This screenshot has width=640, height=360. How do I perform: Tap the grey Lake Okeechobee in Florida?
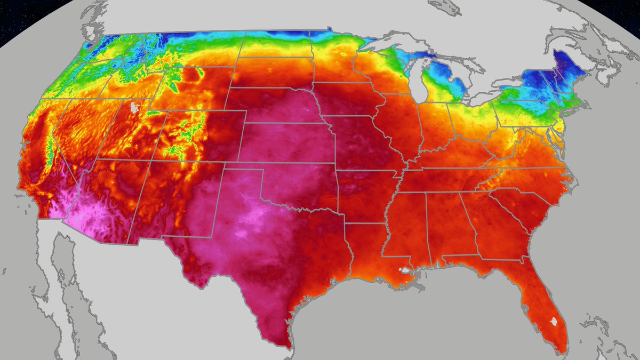click(x=554, y=322)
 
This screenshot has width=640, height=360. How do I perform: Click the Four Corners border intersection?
click(x=151, y=159)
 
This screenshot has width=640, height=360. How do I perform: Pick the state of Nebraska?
click(x=277, y=107)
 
